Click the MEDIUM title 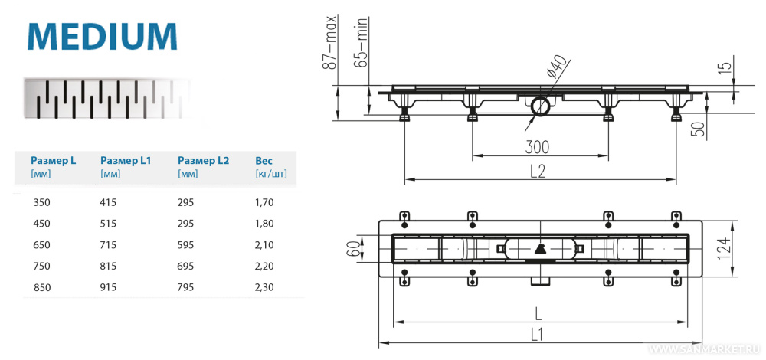(102, 36)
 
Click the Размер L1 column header (126, 161)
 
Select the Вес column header (264, 161)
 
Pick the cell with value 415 (110, 203)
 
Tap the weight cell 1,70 (264, 203)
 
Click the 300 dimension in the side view (538, 146)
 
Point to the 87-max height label (329, 45)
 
